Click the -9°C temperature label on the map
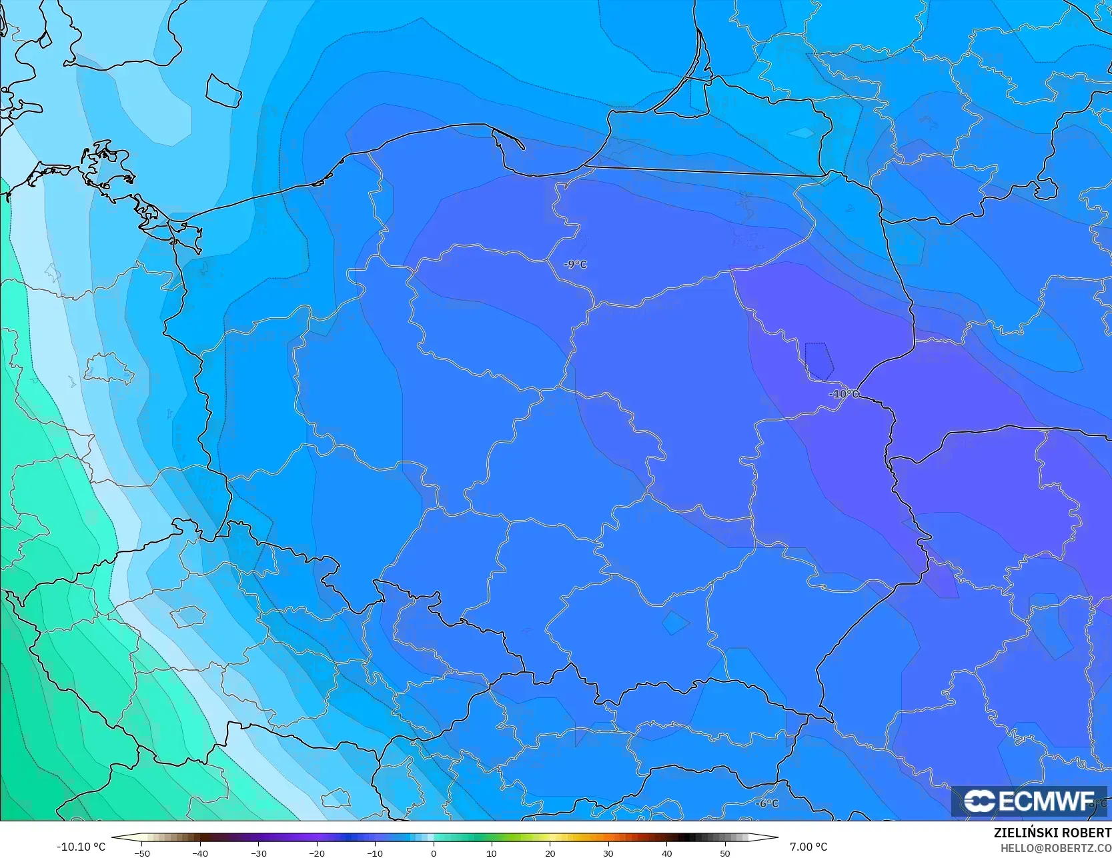coord(575,265)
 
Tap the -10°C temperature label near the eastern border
coord(844,394)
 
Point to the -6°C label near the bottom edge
coord(767,803)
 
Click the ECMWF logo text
coord(1046,801)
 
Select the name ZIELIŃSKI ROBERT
coord(1052,833)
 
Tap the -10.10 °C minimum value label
coord(81,847)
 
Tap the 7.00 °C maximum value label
coord(808,847)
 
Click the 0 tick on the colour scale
coord(433,853)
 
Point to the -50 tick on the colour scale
coord(141,853)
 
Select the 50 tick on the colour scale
coord(725,853)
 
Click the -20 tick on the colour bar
coord(316,853)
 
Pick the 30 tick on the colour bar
coord(608,853)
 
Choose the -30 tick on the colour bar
coord(258,853)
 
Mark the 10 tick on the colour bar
coord(492,853)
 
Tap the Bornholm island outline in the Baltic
coord(223,91)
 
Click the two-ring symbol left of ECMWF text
coord(979,801)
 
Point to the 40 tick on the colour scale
coord(667,853)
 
